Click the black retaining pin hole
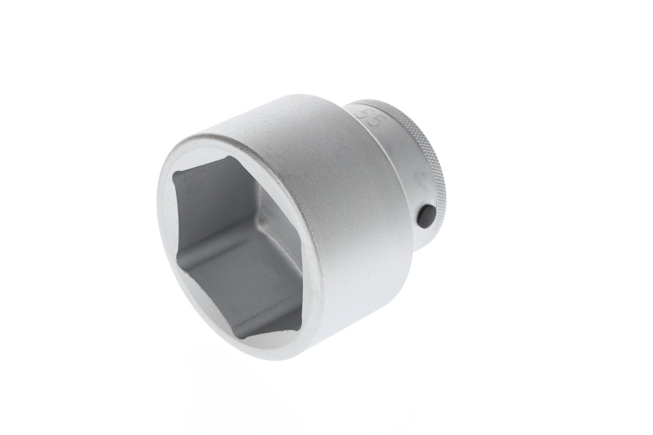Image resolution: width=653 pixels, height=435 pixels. point(425,214)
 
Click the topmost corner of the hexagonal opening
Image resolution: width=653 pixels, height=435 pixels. point(231,157)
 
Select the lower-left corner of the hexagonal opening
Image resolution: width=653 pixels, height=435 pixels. point(180,270)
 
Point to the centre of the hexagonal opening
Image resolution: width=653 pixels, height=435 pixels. point(240,245)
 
